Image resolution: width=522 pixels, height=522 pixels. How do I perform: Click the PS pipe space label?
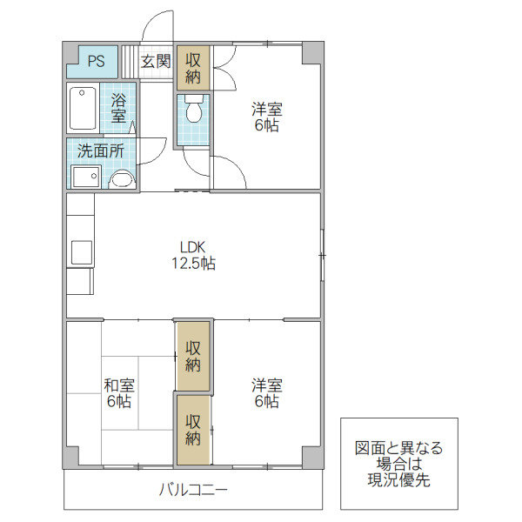tap(96, 62)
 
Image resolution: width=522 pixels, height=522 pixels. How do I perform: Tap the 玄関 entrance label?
tap(156, 62)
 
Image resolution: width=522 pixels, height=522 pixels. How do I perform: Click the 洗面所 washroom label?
tap(101, 151)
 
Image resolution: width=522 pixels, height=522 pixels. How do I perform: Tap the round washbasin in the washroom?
tap(122, 180)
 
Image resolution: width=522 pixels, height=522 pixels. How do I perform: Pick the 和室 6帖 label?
tap(119, 393)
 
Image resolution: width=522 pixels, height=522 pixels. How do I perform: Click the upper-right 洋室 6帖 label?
tap(266, 117)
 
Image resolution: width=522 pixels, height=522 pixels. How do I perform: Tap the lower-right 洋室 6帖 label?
tap(266, 393)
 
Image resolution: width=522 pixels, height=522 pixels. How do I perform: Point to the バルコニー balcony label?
tap(193, 490)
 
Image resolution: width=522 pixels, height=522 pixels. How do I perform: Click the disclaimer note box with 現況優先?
tap(398, 464)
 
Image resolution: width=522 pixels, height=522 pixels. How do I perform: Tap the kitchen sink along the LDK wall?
tap(81, 251)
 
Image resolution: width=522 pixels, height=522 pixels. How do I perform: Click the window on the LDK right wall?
tap(321, 255)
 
